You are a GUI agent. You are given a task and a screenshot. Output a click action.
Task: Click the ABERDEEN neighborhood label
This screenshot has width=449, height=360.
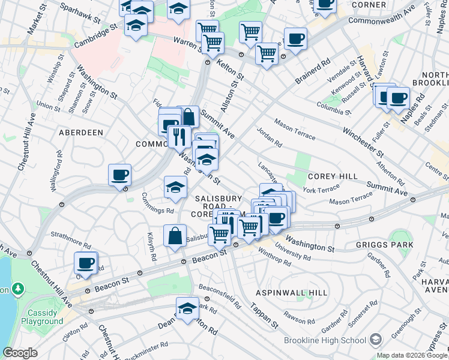(81, 132)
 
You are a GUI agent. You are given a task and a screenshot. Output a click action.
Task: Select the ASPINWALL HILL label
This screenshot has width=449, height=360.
(292, 292)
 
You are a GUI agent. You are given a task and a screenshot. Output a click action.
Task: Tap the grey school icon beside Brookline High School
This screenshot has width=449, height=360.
(376, 340)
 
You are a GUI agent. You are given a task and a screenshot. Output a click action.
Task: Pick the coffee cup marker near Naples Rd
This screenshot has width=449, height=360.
(397, 97)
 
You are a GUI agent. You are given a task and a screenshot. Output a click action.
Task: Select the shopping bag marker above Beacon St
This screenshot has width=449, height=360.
(175, 235)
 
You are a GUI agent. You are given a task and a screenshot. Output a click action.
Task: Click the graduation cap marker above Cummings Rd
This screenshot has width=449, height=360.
(175, 187)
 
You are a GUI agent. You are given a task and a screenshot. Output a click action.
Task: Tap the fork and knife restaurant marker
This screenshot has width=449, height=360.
(178, 136)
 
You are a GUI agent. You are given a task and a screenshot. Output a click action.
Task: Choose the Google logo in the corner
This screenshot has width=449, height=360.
(20, 353)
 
